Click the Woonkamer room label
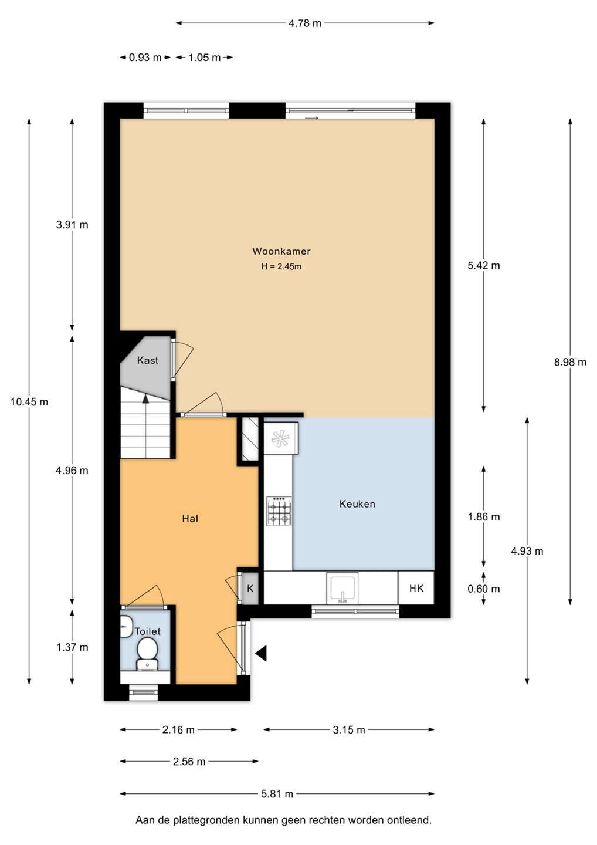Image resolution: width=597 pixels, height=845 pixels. [281, 251]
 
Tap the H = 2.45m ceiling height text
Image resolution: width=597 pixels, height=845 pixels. [281, 266]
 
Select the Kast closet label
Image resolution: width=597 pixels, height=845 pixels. [147, 360]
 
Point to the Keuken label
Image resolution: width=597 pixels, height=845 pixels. [357, 504]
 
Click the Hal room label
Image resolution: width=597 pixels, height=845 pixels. [190, 519]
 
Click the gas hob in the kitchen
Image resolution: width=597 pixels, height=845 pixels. [279, 511]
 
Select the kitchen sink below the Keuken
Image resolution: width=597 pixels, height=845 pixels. [342, 588]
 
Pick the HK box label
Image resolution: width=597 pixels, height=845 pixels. [416, 588]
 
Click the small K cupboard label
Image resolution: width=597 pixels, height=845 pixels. [250, 589]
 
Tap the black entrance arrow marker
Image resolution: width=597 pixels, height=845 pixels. [261, 653]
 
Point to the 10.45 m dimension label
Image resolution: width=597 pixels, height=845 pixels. [29, 402]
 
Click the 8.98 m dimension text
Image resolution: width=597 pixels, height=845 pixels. [570, 362]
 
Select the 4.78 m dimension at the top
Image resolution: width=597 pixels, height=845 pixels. [305, 23]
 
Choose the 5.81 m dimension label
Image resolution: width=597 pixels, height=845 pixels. [277, 794]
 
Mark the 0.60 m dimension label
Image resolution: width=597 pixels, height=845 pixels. [484, 589]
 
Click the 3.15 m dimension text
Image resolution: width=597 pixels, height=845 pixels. [348, 730]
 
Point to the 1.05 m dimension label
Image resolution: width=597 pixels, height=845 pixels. [204, 58]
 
